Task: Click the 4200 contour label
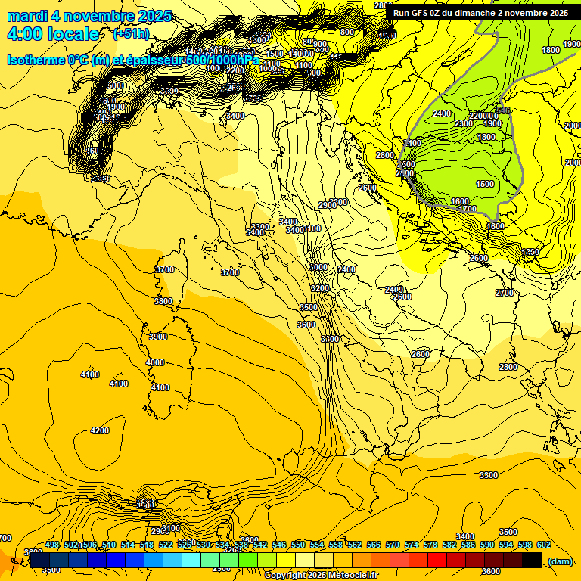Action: click(x=100, y=430)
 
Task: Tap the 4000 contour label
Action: click(x=155, y=362)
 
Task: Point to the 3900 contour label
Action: click(x=158, y=337)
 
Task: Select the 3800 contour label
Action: click(x=163, y=301)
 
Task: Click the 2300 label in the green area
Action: click(x=464, y=123)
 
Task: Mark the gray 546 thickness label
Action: click(x=504, y=110)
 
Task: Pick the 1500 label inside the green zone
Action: click(x=485, y=184)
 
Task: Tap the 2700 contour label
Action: click(x=505, y=293)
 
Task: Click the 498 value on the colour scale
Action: click(x=52, y=545)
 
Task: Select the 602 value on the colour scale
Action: click(x=544, y=545)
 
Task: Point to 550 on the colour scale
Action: click(x=298, y=545)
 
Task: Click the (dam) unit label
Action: click(x=560, y=561)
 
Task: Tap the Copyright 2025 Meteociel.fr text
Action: click(x=321, y=575)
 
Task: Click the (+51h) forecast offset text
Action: click(x=130, y=34)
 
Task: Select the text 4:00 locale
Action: click(x=53, y=34)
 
